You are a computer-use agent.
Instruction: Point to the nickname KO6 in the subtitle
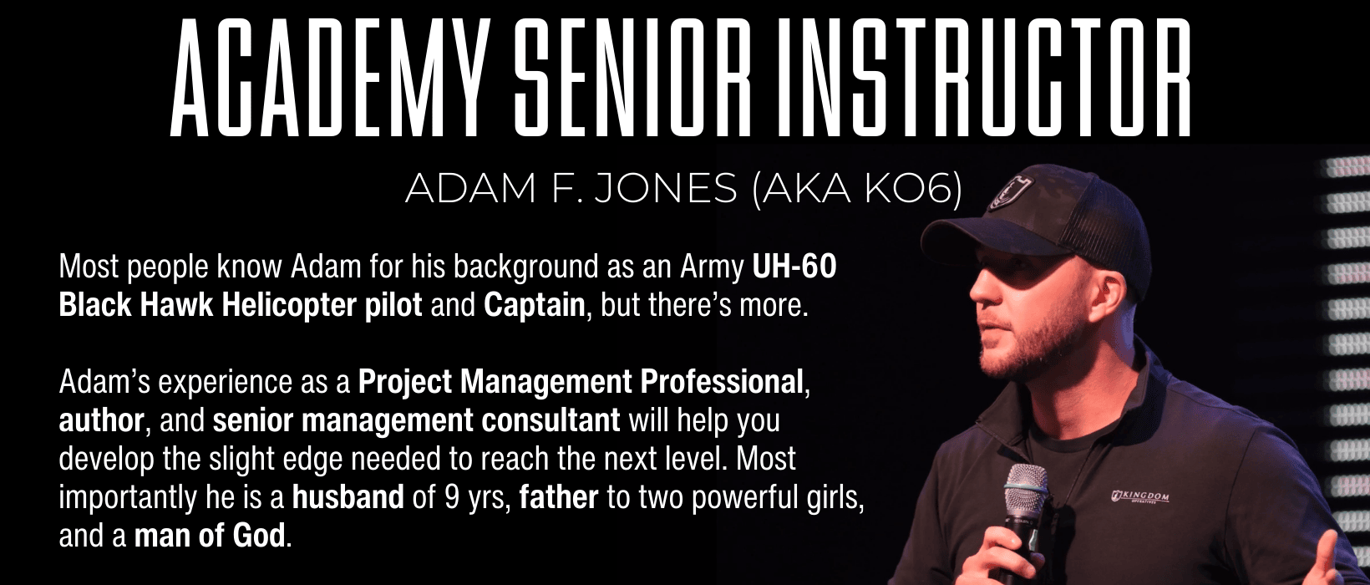pos(908,189)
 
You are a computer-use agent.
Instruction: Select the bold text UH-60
pos(794,267)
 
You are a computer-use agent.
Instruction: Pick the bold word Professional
pos(721,383)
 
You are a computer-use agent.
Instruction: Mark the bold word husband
pos(348,497)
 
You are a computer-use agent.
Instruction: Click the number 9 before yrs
pos(452,497)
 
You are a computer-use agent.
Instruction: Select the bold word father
pos(558,497)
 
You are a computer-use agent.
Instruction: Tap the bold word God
pos(259,536)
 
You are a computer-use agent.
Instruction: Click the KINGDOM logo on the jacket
pos(1139,496)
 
